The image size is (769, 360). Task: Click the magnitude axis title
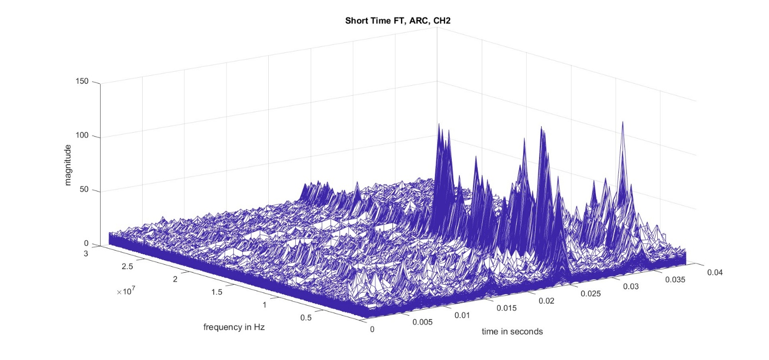point(68,165)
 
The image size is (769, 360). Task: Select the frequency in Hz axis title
point(233,328)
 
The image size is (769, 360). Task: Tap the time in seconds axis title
point(512,331)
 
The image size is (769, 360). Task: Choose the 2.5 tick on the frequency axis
point(128,266)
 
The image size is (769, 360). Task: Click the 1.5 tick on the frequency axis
point(217,292)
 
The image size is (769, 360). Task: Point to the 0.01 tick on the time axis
point(462,315)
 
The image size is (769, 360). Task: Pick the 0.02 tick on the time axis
point(547,301)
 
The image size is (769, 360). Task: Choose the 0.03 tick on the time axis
point(631,287)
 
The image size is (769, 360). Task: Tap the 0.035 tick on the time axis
point(675,280)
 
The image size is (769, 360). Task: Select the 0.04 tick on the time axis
point(715,272)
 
